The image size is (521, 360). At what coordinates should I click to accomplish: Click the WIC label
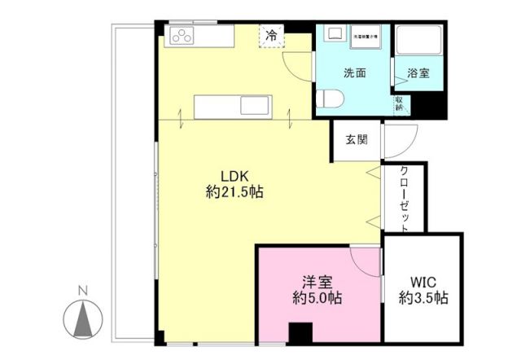click(423, 283)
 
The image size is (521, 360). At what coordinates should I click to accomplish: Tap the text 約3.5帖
click(423, 298)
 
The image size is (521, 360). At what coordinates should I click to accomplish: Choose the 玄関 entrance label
click(357, 139)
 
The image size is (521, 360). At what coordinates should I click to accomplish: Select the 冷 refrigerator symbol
click(269, 36)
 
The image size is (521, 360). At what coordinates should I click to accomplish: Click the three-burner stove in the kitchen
click(181, 36)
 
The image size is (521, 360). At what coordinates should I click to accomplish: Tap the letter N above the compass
click(81, 290)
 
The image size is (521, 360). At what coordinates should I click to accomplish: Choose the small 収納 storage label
click(400, 102)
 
